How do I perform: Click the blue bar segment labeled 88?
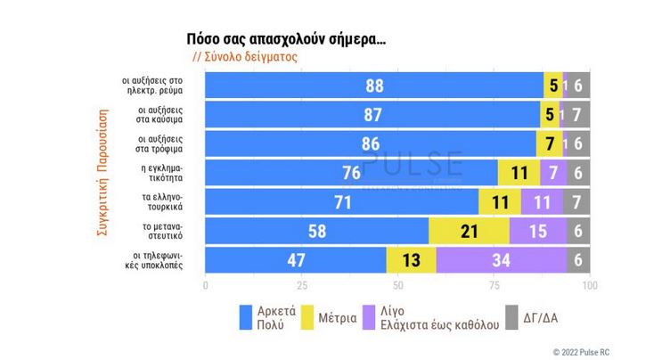click(374, 85)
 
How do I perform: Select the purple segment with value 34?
click(501, 261)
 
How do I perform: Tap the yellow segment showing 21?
click(469, 232)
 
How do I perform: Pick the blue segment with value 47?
click(296, 261)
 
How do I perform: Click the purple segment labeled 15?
click(538, 232)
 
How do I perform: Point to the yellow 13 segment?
click(411, 261)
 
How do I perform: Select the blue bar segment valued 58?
click(316, 232)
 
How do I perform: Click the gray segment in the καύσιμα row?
click(577, 114)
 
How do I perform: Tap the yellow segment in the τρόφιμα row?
click(549, 143)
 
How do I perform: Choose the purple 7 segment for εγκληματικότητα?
click(553, 173)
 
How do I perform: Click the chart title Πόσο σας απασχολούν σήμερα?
click(285, 39)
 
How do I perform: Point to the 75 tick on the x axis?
click(494, 286)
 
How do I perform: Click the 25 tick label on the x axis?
click(301, 286)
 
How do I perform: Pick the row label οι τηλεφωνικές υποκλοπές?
click(159, 261)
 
